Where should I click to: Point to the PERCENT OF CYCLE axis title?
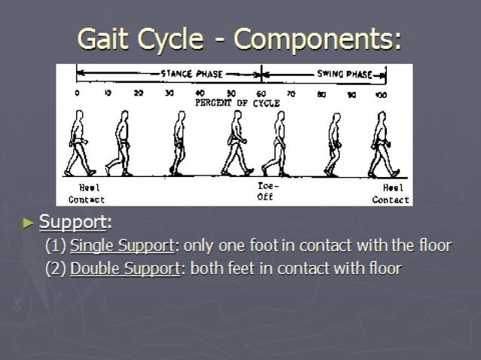point(237,102)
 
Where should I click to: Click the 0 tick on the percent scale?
point(77,94)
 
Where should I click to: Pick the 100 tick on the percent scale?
point(382,95)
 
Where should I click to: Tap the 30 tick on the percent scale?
point(170,94)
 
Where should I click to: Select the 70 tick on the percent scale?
point(291,94)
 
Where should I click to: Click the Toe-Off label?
point(265,192)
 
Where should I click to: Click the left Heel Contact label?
point(87,194)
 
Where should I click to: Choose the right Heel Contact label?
point(391,194)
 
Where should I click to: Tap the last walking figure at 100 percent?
point(382,144)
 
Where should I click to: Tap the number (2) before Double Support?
point(56,268)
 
